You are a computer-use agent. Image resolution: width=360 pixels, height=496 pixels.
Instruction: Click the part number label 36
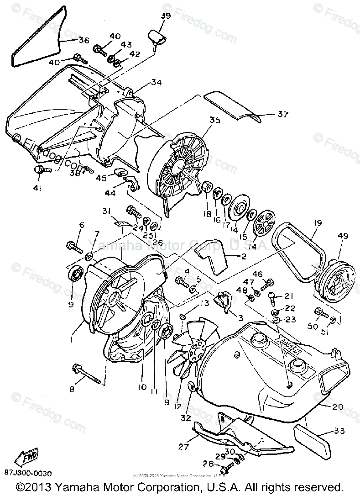(x=83, y=40)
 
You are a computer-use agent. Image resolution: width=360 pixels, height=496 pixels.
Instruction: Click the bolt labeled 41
(x=39, y=170)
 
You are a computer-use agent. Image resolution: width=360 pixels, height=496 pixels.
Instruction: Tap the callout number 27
(x=183, y=447)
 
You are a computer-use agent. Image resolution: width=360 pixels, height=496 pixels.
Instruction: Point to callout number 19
(x=318, y=223)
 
